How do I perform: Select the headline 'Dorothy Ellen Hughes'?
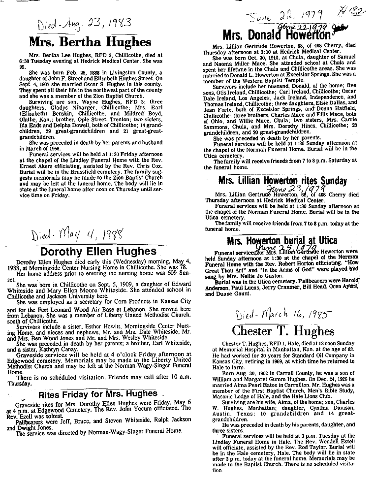98,252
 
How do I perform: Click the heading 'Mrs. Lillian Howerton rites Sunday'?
282,181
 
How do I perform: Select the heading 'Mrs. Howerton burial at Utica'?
282,240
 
